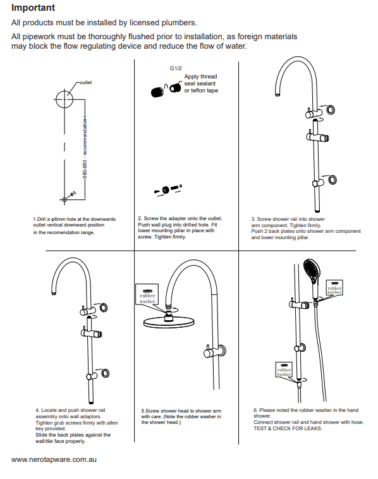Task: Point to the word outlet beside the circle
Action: point(85,82)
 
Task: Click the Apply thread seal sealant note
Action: point(200,84)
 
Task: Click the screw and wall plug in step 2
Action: point(168,189)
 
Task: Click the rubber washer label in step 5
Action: point(147,297)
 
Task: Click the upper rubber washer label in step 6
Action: point(334,289)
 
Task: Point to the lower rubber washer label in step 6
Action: point(284,371)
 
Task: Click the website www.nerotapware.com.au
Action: point(54,459)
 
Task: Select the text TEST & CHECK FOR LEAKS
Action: point(288,428)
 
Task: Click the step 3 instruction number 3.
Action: point(253,219)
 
